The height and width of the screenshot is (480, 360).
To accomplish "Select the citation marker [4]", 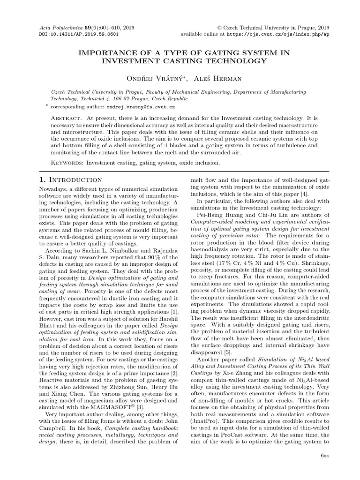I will click(x=291, y=194).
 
